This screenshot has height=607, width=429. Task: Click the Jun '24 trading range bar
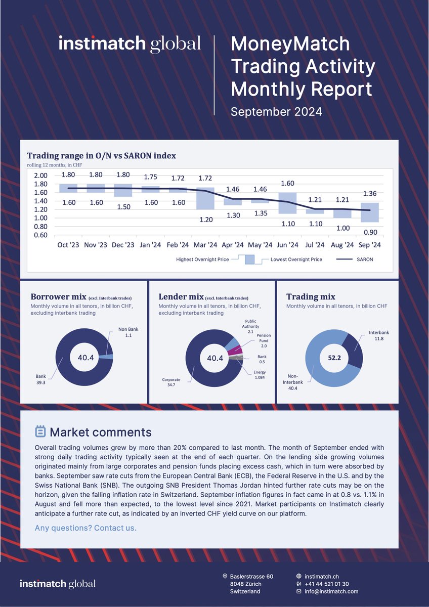click(288, 203)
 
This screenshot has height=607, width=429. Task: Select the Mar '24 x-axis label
click(205, 245)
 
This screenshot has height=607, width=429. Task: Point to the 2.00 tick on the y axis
click(40, 176)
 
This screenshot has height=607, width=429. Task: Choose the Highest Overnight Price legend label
click(202, 259)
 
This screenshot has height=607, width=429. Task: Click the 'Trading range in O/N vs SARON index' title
click(101, 155)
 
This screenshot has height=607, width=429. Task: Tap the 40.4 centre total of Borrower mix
click(86, 358)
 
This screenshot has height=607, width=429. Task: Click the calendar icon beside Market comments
click(40, 431)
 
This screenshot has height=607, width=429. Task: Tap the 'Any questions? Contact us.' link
click(85, 528)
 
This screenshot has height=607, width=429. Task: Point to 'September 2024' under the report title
click(276, 112)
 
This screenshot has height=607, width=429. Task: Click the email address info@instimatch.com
click(331, 591)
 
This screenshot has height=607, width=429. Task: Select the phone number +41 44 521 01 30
click(330, 584)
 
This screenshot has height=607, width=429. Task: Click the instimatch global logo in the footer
click(58, 584)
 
